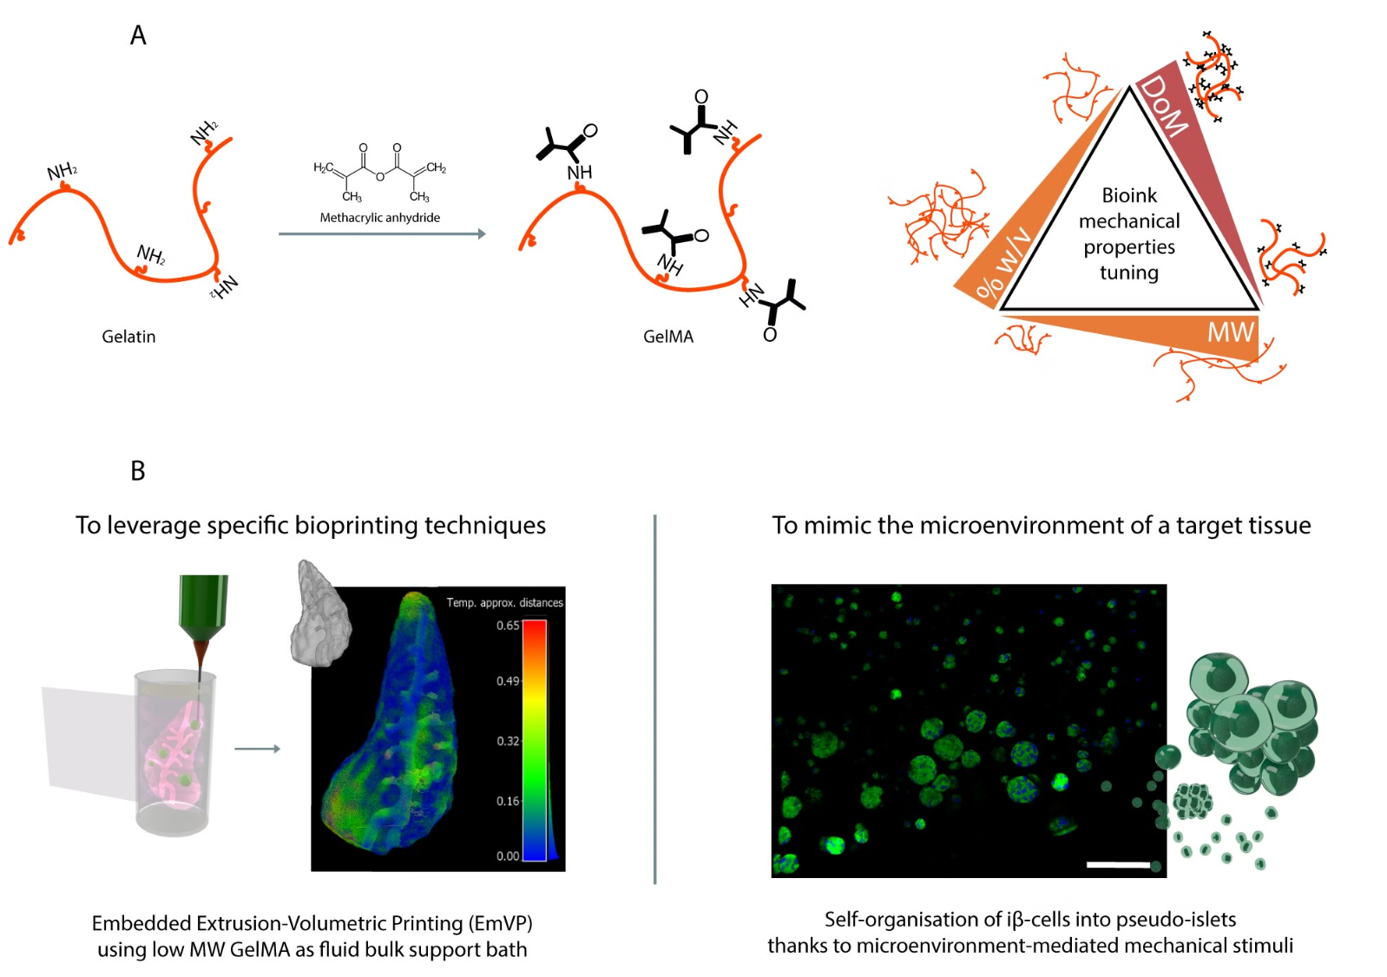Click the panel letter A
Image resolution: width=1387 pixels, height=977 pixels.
138,36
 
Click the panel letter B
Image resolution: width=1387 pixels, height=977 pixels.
138,471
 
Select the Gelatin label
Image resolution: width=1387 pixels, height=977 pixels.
128,337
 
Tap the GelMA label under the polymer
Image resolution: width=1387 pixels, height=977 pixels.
667,337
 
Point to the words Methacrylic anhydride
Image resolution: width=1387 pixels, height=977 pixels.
379,218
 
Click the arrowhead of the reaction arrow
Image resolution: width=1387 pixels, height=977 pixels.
482,233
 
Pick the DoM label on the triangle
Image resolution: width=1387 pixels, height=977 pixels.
1164,106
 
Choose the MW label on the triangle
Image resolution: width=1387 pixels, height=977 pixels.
1230,332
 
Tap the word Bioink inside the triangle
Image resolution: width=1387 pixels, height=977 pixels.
1129,195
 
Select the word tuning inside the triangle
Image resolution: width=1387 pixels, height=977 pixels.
1128,272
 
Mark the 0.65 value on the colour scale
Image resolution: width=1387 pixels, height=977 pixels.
508,626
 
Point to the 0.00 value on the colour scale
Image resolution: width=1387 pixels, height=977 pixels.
508,856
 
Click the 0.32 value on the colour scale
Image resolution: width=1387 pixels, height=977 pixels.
508,741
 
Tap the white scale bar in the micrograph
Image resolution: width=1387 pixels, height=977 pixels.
1118,864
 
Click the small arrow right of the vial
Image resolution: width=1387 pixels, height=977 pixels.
258,749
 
